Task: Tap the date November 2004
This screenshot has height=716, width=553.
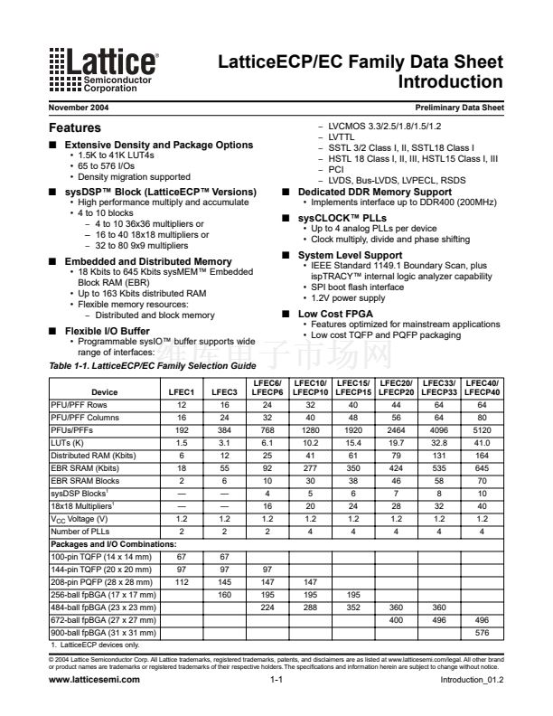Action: (79, 108)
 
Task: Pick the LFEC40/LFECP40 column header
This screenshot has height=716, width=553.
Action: (483, 387)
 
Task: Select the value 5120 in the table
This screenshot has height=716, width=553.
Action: (483, 431)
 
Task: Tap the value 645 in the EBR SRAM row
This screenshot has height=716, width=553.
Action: (483, 470)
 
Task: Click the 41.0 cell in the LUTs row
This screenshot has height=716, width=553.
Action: (483, 444)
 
